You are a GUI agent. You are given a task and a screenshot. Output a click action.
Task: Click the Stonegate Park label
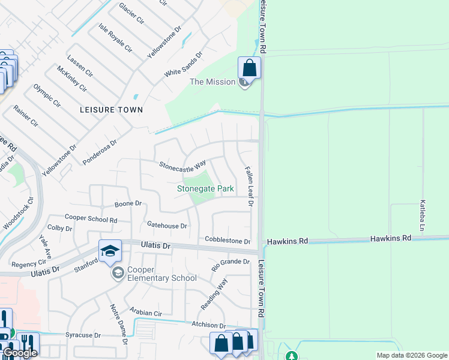click(x=205, y=188)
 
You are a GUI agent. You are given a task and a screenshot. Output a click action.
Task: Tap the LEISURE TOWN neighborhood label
click(x=112, y=110)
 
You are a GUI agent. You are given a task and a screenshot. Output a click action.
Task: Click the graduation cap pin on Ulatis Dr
click(x=110, y=252)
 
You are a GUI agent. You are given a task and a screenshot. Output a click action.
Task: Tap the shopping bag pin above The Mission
click(x=250, y=68)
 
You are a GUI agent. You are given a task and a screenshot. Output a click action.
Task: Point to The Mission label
click(x=212, y=82)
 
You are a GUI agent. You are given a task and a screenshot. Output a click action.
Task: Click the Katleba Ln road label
click(x=422, y=216)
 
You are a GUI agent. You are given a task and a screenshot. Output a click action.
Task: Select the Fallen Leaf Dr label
click(x=249, y=187)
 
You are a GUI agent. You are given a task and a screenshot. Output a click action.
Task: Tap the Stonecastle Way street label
click(x=182, y=164)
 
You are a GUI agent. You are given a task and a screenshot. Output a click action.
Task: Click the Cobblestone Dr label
click(x=228, y=241)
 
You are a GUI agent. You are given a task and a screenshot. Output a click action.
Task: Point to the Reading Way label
click(x=214, y=294)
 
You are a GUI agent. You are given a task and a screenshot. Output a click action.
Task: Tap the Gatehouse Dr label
click(x=167, y=226)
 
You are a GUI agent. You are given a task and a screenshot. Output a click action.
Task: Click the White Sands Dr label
click(x=184, y=64)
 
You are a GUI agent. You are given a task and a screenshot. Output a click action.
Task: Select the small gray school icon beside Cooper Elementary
click(x=118, y=274)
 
